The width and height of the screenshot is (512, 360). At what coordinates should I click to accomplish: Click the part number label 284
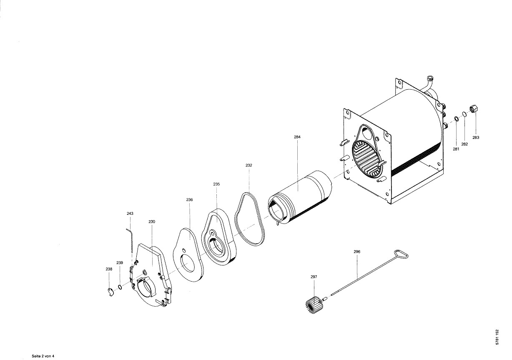[x=297, y=137]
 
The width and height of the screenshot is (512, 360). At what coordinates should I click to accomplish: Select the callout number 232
[x=248, y=165]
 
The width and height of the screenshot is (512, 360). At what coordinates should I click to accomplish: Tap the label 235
[x=216, y=184]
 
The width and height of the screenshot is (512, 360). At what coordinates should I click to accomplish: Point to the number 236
[x=189, y=200]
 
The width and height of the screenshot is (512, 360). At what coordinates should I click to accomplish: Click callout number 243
[x=130, y=214]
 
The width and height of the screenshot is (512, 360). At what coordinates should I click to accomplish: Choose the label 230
[x=152, y=222]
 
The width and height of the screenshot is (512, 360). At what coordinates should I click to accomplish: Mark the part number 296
[x=357, y=252]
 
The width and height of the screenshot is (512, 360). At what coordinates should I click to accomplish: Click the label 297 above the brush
[x=314, y=277]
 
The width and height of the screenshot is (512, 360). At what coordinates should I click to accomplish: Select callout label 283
[x=476, y=138]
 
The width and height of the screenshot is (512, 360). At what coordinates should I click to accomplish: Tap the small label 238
[x=109, y=269]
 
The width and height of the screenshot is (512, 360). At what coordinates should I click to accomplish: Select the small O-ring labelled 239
[x=120, y=287]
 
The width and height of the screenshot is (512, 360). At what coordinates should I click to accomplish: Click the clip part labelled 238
[x=110, y=292]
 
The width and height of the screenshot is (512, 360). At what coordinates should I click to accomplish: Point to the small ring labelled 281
[x=456, y=118]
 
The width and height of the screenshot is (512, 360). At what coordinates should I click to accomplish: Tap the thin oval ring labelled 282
[x=464, y=114]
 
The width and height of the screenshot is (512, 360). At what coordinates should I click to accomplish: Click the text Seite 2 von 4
[x=43, y=356]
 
